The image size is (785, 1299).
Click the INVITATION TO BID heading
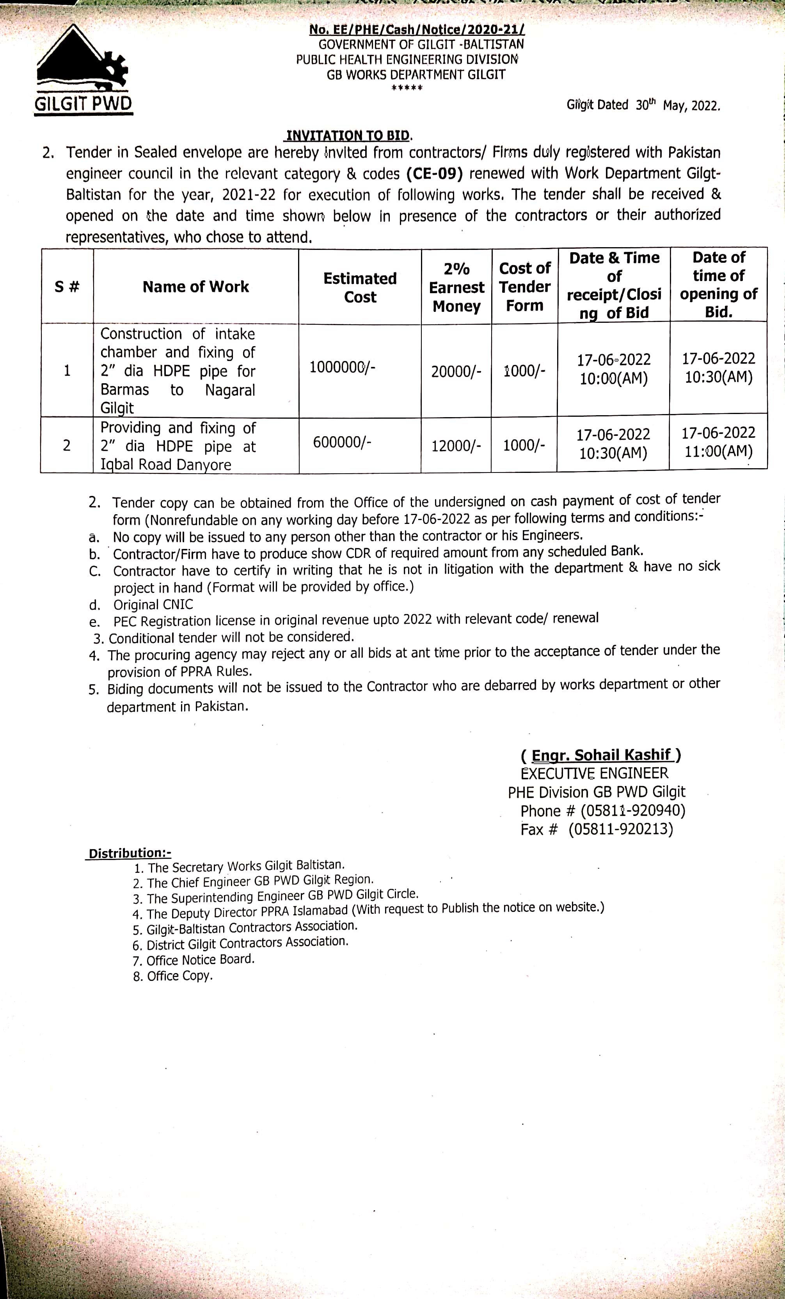tap(348, 136)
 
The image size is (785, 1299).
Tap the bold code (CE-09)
tap(434, 173)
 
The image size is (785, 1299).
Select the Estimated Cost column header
tap(360, 287)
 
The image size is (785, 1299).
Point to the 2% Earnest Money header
tap(456, 287)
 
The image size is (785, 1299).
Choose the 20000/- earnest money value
tap(456, 372)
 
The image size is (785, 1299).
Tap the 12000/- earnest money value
tap(456, 446)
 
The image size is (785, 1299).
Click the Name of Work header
tap(196, 287)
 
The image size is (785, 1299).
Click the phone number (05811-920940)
tap(632, 810)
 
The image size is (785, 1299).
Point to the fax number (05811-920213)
tap(620, 829)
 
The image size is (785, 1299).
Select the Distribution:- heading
tap(129, 853)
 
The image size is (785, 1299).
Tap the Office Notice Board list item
tap(201, 959)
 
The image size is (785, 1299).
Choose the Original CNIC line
tap(153, 605)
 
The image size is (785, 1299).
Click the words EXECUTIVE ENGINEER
tap(594, 773)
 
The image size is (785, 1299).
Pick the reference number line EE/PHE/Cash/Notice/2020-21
tap(417, 30)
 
